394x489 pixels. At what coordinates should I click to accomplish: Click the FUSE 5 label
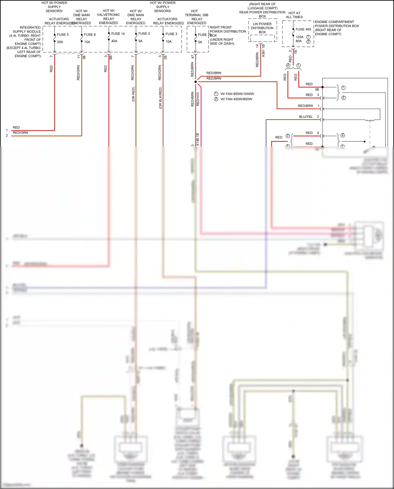tap(63, 35)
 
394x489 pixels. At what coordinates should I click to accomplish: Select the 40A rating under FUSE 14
tap(114, 41)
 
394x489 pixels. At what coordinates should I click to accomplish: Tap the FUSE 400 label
tap(303, 29)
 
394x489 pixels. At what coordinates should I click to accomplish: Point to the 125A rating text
tap(299, 37)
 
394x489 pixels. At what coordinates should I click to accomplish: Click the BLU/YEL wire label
tap(306, 117)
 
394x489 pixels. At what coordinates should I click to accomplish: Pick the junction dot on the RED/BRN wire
tap(195, 82)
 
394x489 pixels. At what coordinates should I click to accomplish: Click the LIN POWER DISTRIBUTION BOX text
tap(262, 28)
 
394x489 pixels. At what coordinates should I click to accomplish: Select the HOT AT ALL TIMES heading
tap(294, 15)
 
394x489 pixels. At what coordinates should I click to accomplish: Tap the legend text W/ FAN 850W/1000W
tap(237, 94)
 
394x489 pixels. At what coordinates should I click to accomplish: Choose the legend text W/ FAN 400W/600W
tap(236, 99)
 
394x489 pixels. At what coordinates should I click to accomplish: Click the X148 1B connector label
tap(198, 140)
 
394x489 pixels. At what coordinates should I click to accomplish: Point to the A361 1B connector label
tap(263, 51)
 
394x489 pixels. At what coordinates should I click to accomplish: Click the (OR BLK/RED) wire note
tap(160, 98)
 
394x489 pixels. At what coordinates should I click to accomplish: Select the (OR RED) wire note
tap(133, 94)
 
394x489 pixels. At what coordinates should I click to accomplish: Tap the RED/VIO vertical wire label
tap(198, 99)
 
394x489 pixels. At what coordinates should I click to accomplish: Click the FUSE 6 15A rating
tap(87, 42)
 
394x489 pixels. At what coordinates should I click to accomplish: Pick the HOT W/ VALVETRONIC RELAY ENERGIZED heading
tap(108, 17)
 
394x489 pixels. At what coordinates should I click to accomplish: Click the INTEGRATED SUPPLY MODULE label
tap(27, 29)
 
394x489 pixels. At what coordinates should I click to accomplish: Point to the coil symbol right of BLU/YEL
tap(370, 120)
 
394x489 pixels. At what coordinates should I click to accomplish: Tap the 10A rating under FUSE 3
tap(168, 42)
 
